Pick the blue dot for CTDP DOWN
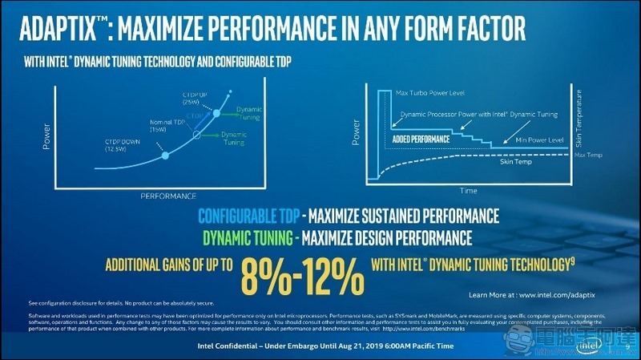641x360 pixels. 164,155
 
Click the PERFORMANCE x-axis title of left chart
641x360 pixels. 168,195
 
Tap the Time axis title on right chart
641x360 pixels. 468,192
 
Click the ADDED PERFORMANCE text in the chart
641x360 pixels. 420,139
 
